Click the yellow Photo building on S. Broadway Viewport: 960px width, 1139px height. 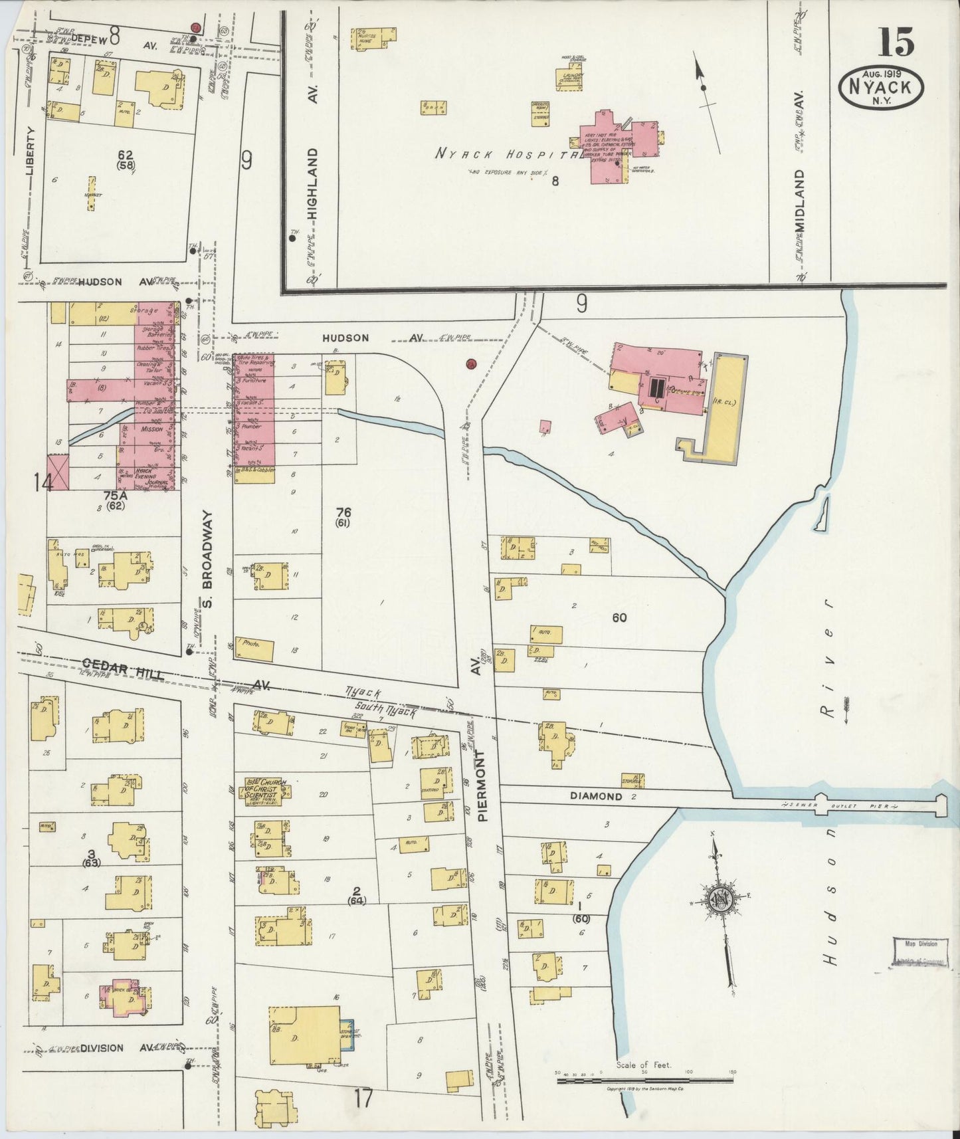click(x=254, y=649)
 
